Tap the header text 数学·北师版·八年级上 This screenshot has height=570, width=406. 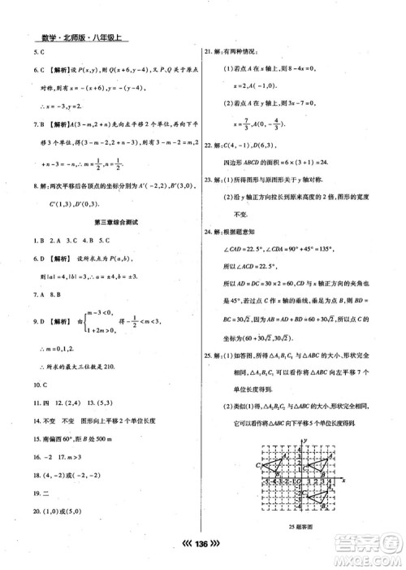pos(78,37)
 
